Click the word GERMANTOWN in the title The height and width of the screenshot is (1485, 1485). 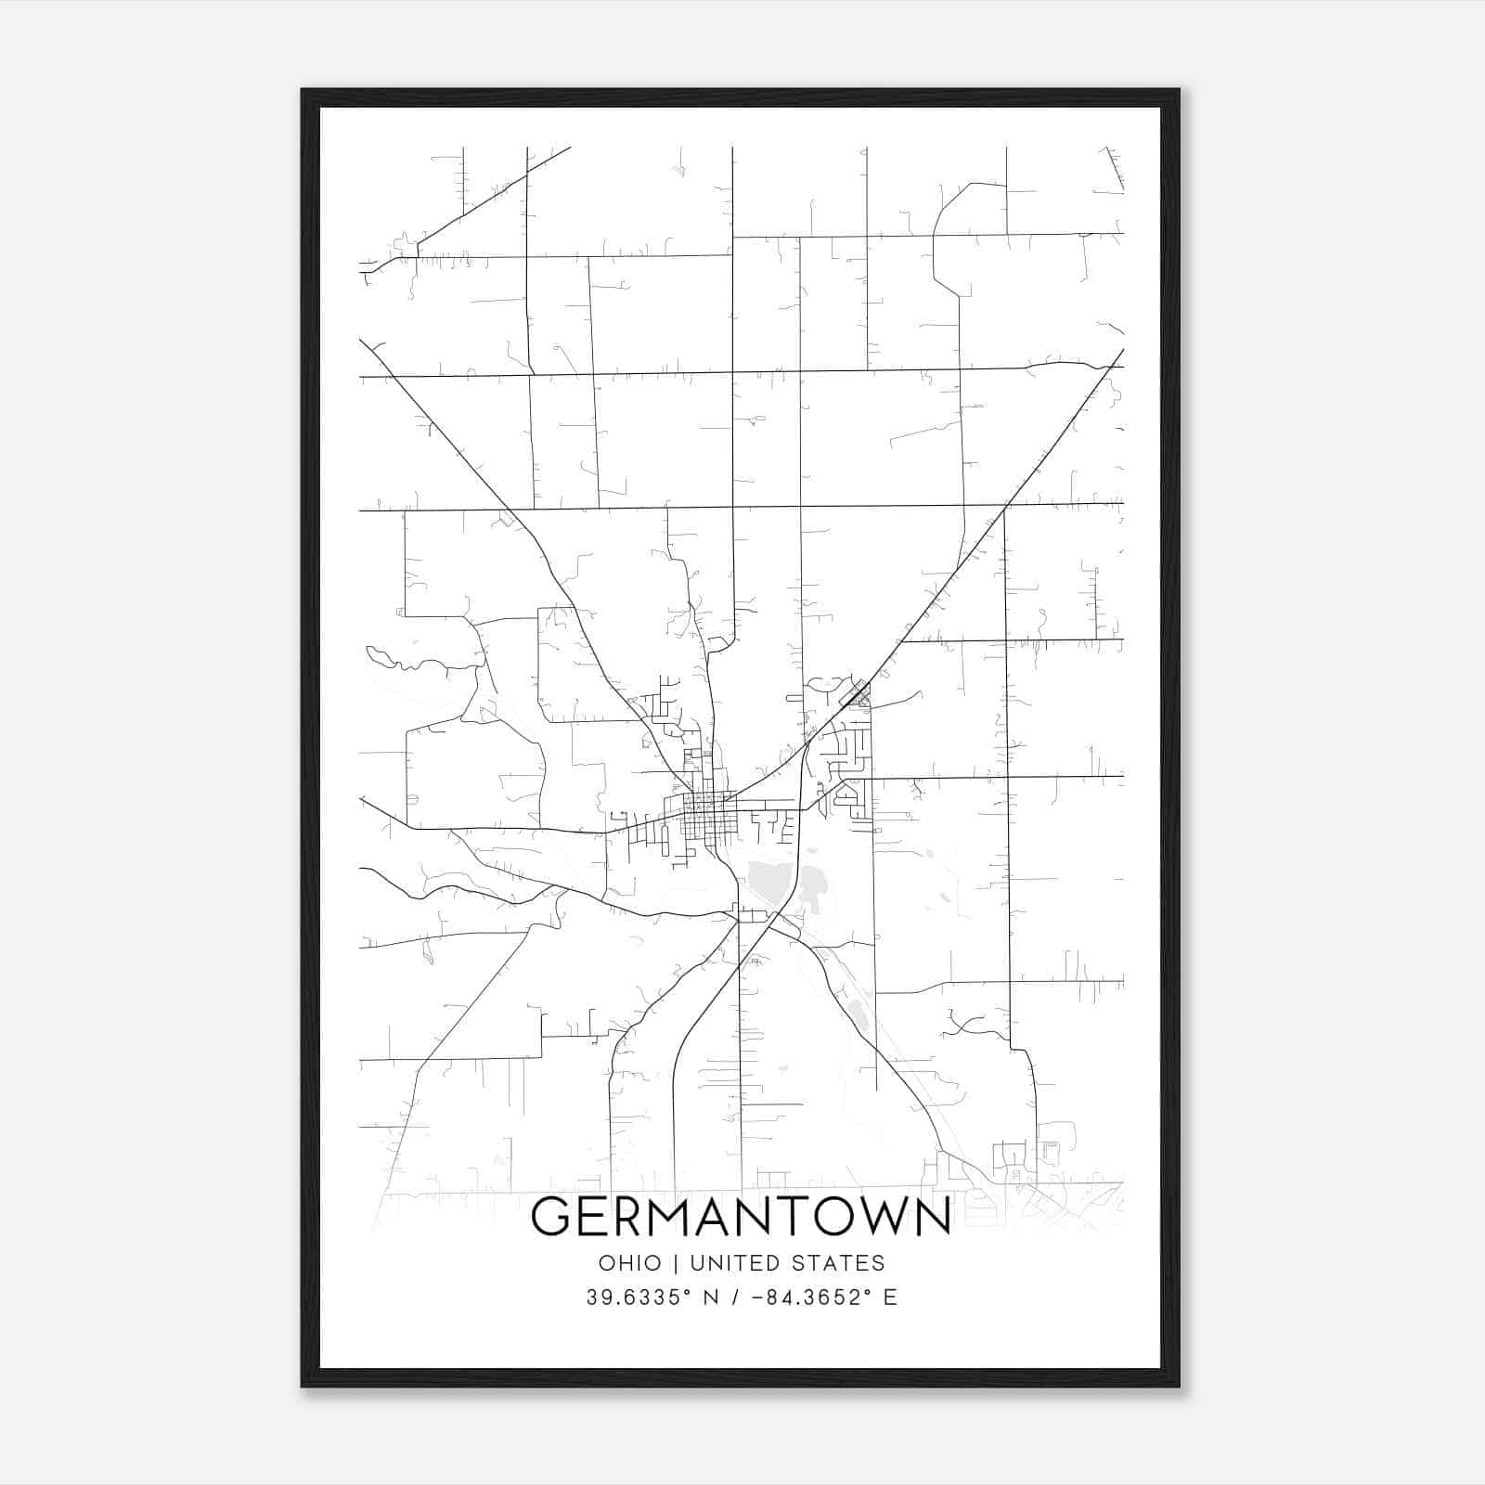741,1217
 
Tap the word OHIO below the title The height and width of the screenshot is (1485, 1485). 630,1263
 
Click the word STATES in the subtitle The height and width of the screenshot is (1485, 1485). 838,1263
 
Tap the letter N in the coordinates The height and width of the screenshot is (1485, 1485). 712,1298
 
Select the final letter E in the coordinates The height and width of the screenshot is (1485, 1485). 890,1298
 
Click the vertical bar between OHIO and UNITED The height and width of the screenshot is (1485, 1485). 676,1263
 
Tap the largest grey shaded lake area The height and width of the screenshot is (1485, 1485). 770,877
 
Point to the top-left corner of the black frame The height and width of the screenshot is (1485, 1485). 303,91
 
